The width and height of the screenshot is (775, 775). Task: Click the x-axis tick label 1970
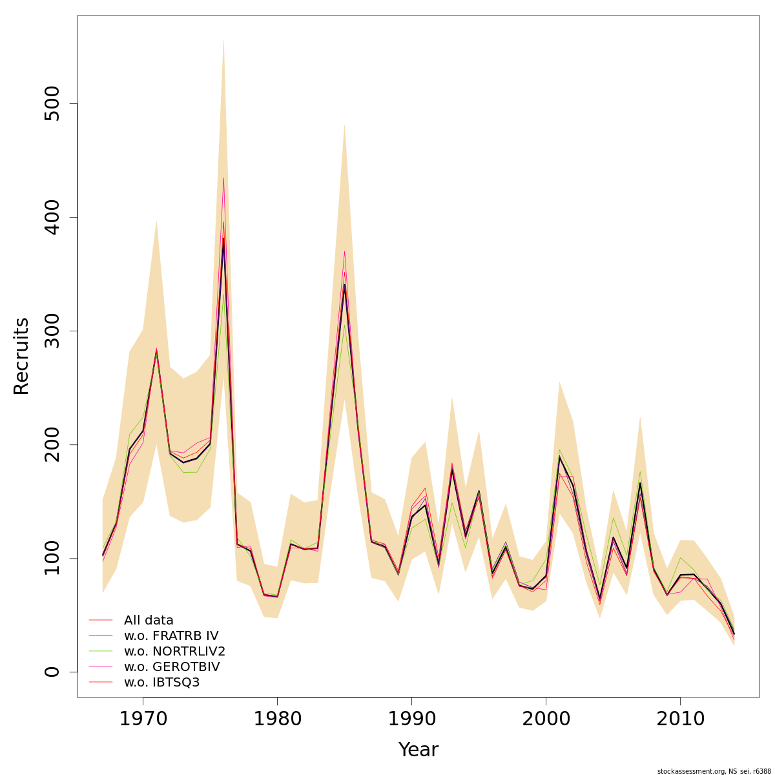143,719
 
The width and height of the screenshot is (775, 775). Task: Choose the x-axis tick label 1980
277,719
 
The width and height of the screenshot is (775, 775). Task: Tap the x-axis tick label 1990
411,719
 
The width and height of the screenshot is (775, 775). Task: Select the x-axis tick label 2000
546,719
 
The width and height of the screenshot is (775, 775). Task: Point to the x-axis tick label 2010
680,719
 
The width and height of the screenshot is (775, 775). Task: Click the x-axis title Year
418,750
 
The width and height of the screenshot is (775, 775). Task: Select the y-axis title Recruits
22,356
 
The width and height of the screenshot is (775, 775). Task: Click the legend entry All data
149,621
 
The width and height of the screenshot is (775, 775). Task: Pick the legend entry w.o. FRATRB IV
170,636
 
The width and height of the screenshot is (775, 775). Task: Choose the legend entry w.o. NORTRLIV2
174,652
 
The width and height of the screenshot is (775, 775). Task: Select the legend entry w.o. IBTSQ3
161,683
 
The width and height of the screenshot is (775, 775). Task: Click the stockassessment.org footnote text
713,771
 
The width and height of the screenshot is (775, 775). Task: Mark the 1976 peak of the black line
223,239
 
